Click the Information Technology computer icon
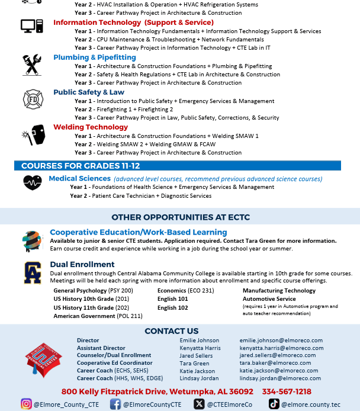coord(31,27)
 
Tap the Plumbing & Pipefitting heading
coord(95,57)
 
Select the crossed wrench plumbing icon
coord(31,65)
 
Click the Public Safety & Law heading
coord(89,92)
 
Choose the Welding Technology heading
coord(91,127)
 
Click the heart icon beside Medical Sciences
coord(32,182)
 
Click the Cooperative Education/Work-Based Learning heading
coord(139,232)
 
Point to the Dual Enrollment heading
coord(82,264)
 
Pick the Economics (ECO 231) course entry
coord(186,291)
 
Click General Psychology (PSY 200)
coord(94,291)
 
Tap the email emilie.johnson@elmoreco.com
coord(281,341)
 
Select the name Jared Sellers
coord(195,356)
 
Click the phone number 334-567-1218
coord(287,391)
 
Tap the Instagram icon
coord(26,404)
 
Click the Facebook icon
coord(115,404)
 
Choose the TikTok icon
coord(274,404)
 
